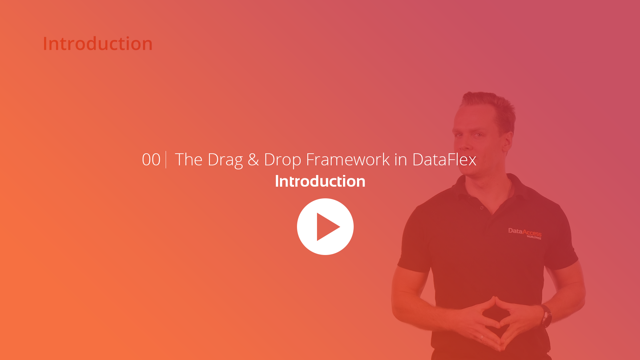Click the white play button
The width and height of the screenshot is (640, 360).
click(325, 227)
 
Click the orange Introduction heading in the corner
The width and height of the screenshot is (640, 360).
click(98, 44)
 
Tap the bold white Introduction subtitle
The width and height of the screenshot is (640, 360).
click(320, 181)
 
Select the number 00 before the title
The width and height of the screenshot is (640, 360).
click(151, 160)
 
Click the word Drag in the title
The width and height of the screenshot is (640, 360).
click(225, 160)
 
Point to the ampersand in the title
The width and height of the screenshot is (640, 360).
click(253, 160)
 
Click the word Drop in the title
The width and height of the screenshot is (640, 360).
click(283, 160)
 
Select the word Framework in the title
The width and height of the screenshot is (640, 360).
click(348, 160)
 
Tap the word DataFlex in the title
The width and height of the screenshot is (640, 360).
click(444, 160)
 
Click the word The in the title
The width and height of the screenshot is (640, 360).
click(189, 160)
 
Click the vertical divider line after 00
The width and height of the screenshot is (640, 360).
click(166, 160)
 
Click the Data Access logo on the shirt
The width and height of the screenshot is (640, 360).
click(525, 233)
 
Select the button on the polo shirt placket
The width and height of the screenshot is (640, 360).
click(482, 208)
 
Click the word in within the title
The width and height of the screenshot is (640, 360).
click(400, 160)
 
